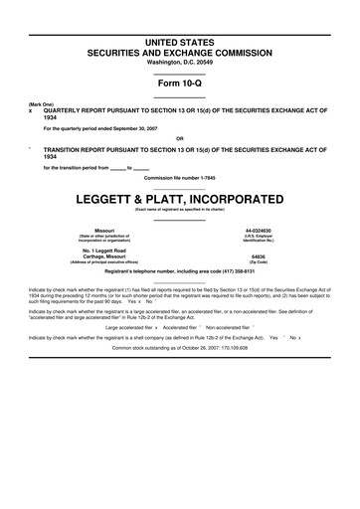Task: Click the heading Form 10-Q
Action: pos(180,84)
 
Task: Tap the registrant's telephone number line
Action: pos(180,270)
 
